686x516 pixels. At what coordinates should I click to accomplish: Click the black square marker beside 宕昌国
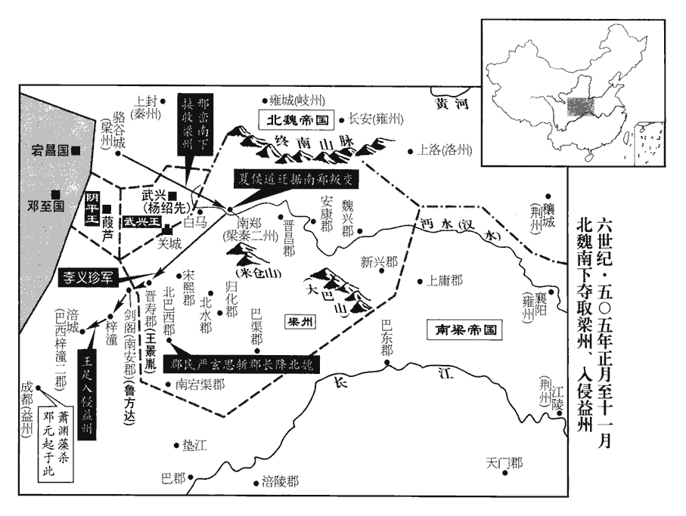76,150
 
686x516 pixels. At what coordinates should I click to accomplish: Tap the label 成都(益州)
27,409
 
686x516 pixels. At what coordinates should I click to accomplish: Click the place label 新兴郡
378,262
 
